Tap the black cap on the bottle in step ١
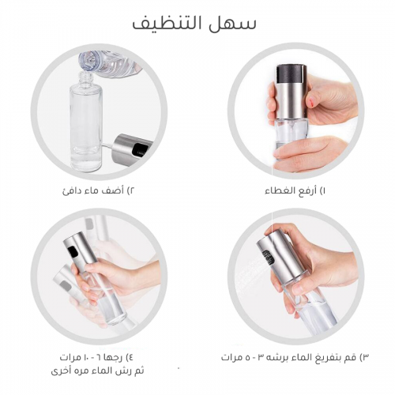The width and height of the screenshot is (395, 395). click(292, 74)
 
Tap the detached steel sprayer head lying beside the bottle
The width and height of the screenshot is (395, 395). click(131, 149)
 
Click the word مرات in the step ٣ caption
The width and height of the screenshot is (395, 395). click(231, 358)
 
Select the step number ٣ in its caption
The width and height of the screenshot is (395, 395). click(366, 358)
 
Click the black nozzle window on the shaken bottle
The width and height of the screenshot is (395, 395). click(72, 250)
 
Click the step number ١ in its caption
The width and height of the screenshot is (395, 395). click(324, 190)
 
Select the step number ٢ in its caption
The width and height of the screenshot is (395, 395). click(132, 190)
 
